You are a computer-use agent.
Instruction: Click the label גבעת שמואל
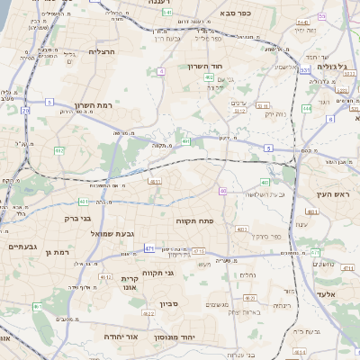coord(112,234)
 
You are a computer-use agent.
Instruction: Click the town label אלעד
coord(325,293)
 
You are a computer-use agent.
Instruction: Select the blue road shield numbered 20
coord(24,111)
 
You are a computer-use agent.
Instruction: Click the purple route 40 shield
coord(222,191)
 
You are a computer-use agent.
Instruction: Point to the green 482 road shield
coord(58,150)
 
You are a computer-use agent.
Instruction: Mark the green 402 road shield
coord(209,78)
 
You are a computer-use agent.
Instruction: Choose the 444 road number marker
coord(307,108)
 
